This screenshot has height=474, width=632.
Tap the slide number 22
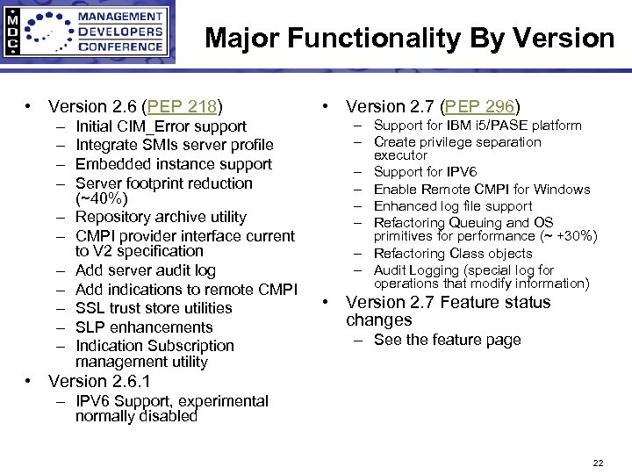coord(598,463)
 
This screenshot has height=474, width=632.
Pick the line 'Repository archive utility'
coord(161,217)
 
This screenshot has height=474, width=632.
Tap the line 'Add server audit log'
coord(146,270)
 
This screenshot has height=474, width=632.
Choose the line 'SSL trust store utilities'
coord(154,308)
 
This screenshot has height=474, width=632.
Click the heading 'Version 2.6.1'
coord(99,381)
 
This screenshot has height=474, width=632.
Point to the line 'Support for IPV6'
coord(425,172)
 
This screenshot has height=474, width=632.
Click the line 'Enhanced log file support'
coord(453,206)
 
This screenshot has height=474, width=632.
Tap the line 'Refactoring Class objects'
coord(453,254)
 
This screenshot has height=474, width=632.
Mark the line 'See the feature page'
coord(447,340)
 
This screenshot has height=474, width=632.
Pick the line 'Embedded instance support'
coord(174,164)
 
